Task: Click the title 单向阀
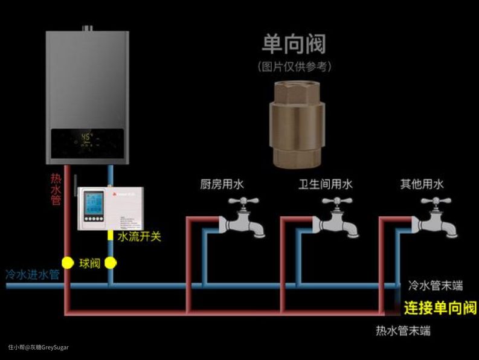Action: tap(294, 43)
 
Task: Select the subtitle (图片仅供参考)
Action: tap(294, 66)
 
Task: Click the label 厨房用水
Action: tap(222, 184)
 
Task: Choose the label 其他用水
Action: tap(422, 184)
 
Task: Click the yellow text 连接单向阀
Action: tap(440, 307)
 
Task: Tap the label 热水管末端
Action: tap(403, 330)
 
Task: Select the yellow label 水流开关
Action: tap(139, 236)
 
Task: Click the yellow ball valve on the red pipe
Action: tap(68, 263)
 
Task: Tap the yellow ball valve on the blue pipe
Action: tap(110, 263)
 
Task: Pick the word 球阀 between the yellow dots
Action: tap(89, 263)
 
